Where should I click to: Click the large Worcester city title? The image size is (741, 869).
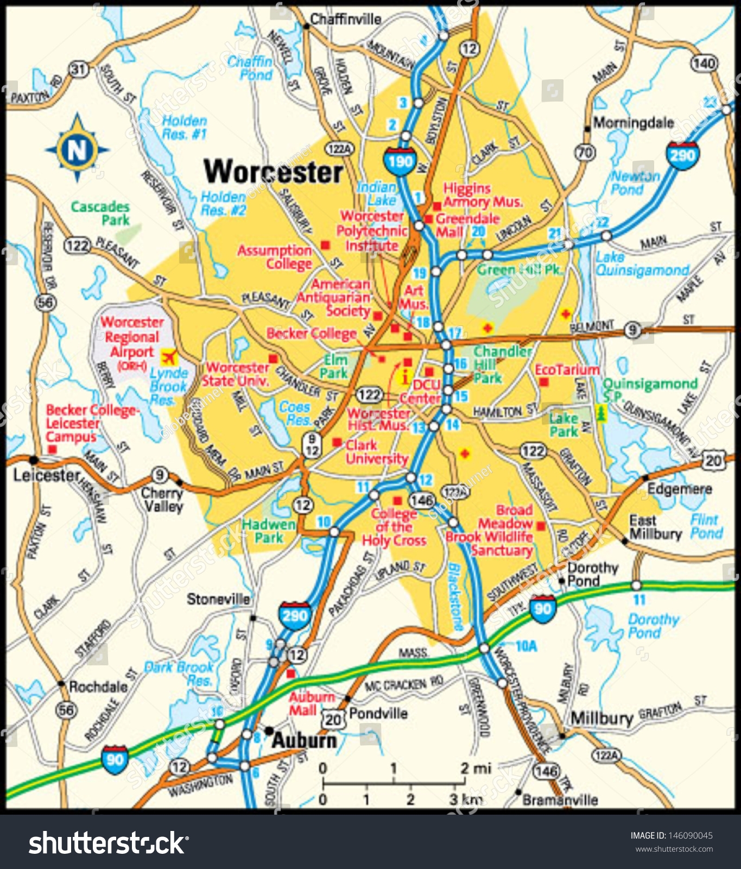[273, 172]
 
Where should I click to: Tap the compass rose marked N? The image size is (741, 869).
[77, 148]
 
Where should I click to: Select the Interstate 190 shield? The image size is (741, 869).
[400, 160]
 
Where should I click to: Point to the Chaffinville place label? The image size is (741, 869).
[345, 20]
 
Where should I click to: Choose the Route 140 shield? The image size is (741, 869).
[704, 63]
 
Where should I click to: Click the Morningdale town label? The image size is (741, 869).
[634, 123]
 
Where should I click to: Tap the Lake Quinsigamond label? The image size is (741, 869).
[642, 263]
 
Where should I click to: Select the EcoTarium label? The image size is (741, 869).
[567, 370]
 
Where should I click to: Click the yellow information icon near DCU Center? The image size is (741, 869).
[404, 376]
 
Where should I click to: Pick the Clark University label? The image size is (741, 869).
[376, 452]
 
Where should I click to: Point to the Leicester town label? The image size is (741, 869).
[47, 476]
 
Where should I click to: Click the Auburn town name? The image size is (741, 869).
[304, 740]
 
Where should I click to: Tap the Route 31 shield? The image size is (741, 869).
[79, 69]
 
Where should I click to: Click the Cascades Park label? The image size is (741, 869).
[100, 213]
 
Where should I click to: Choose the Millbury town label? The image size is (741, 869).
[601, 718]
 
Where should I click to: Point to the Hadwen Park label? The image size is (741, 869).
[269, 531]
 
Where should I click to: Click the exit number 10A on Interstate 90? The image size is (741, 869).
[525, 646]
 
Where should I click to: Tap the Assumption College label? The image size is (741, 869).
[275, 257]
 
